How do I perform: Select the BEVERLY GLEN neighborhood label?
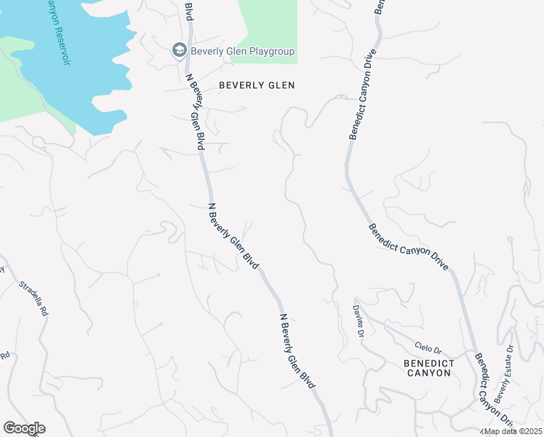(257, 85)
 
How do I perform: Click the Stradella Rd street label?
(33, 298)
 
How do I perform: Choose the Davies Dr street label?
(359, 320)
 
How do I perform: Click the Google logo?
(24, 428)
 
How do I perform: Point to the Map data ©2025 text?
(513, 431)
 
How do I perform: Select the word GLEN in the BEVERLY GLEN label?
(281, 85)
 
